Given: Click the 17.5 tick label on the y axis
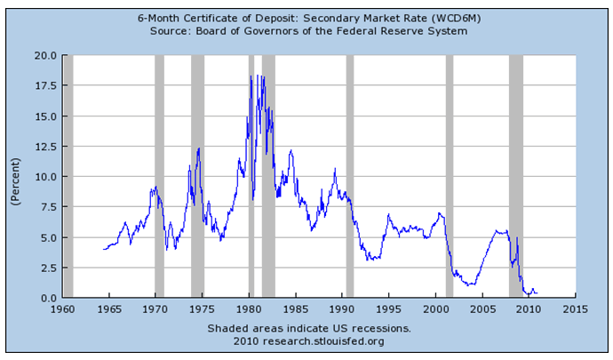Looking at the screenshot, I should (x=44, y=85).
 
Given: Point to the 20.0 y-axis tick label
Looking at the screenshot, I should (x=44, y=55).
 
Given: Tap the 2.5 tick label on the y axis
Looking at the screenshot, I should (x=48, y=268).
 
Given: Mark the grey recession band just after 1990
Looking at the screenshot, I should (x=349, y=176).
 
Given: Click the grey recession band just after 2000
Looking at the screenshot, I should (x=449, y=176).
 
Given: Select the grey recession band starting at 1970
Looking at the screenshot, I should (x=159, y=176).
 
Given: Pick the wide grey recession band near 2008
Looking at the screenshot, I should (x=515, y=176).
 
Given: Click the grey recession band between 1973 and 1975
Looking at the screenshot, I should (x=197, y=176).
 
